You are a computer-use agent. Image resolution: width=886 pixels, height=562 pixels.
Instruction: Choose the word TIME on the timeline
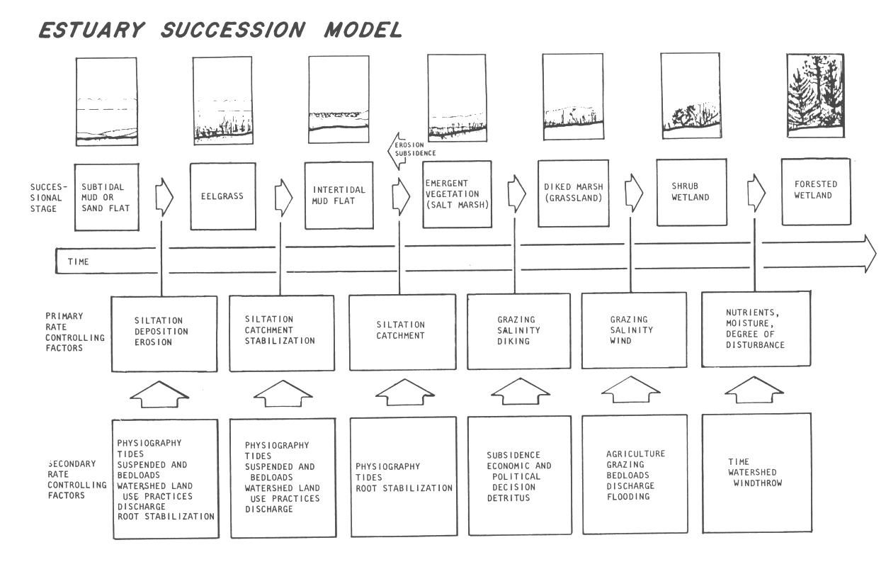pos(78,262)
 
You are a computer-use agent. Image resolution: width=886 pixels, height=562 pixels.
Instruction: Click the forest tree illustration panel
pos(815,96)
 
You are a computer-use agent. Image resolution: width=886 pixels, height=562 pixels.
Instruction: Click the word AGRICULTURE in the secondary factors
pos(635,454)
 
